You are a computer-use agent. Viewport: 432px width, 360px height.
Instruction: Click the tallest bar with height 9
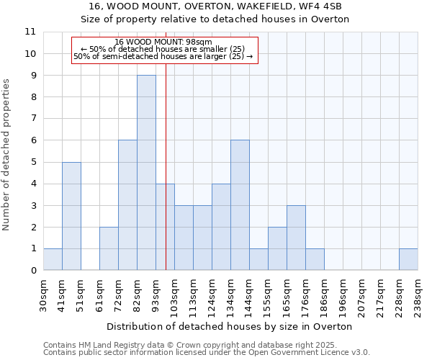click(146, 173)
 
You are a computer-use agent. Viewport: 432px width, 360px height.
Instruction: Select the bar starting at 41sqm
click(71, 216)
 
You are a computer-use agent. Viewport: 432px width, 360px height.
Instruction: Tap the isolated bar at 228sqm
click(408, 259)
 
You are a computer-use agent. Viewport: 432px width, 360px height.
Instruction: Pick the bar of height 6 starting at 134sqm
click(240, 205)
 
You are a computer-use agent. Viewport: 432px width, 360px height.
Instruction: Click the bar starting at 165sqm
click(296, 238)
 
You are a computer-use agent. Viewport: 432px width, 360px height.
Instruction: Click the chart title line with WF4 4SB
click(215, 6)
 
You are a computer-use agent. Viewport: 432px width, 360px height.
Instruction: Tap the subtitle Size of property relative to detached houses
click(215, 19)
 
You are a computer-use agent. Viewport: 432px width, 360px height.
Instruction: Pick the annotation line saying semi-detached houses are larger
click(163, 56)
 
